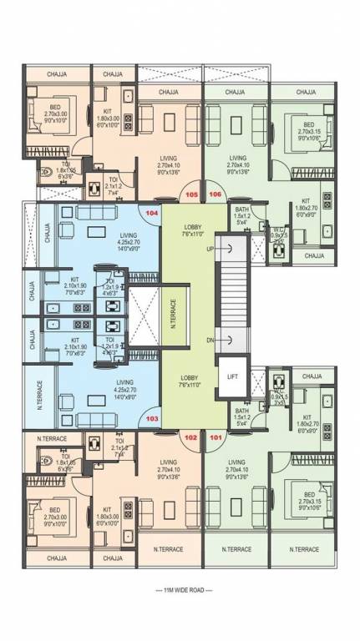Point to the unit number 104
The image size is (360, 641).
[152, 214]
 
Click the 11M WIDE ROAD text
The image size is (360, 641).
[180, 591]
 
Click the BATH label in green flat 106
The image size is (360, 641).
[241, 209]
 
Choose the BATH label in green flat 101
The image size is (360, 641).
[241, 411]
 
